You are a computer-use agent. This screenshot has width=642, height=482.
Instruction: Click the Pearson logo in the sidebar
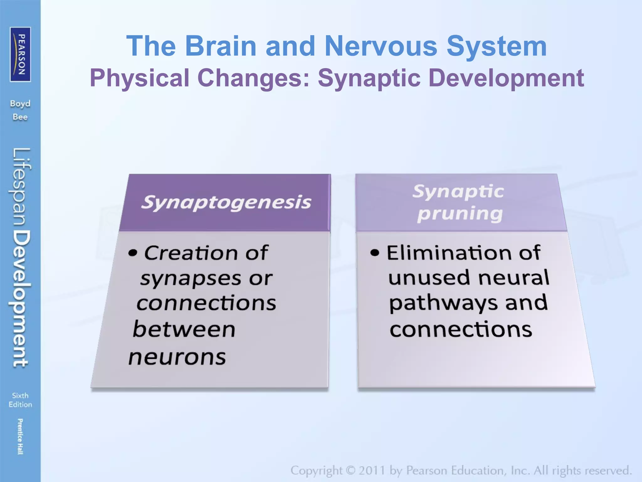(20, 54)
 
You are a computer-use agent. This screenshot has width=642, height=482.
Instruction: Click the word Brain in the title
(221, 46)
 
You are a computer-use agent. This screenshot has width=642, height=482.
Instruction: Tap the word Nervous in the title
(381, 46)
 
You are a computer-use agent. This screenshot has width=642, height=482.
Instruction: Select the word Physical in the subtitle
(140, 78)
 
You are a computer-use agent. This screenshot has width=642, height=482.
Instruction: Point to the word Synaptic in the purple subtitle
(369, 78)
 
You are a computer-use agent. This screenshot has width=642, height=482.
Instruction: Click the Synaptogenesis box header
(226, 202)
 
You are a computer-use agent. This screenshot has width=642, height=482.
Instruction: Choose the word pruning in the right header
(460, 214)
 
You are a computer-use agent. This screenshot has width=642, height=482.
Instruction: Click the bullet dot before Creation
(133, 253)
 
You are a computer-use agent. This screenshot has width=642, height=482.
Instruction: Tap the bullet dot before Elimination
(375, 253)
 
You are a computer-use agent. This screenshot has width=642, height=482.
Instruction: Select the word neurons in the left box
(177, 357)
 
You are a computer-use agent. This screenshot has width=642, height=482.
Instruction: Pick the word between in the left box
(184, 329)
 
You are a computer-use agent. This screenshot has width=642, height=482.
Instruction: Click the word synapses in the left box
(191, 279)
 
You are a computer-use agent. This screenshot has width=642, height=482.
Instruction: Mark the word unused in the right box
(429, 278)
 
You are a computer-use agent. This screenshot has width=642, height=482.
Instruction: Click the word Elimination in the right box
(446, 253)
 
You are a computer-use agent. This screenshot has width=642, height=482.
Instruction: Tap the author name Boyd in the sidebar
(20, 104)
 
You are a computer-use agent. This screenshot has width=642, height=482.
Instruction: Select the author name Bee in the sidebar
(20, 117)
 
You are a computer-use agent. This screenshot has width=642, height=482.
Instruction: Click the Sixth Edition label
(20, 400)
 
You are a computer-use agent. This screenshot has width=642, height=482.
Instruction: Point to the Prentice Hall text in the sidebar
(20, 436)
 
